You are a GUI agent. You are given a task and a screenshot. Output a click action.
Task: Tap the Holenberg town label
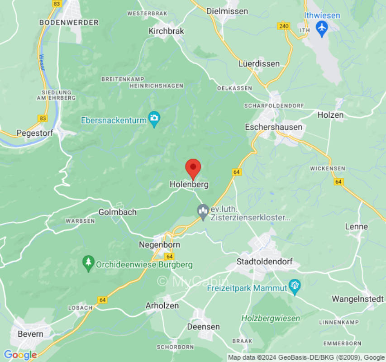[189, 185]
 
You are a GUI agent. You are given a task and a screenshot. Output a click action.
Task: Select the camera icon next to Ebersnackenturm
[155, 119]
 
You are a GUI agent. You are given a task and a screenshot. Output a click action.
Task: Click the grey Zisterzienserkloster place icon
[203, 211]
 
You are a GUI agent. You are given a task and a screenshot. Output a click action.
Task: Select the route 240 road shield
[284, 26]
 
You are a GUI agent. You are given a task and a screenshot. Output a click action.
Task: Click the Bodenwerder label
[69, 22]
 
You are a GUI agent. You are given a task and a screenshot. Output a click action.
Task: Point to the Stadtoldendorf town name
[265, 262]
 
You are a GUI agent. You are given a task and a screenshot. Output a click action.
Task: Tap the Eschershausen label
[273, 127]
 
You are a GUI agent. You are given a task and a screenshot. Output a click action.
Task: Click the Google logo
[20, 355]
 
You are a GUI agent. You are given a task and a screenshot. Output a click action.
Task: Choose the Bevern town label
[30, 334]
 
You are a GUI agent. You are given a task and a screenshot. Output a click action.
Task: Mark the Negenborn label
[159, 245]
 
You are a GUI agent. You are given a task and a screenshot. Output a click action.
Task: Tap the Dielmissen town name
[228, 10]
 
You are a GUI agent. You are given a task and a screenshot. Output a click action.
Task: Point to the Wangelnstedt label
[357, 299]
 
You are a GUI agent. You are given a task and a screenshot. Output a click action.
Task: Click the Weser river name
[42, 62]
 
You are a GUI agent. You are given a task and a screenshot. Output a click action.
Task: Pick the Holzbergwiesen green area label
[271, 318]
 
